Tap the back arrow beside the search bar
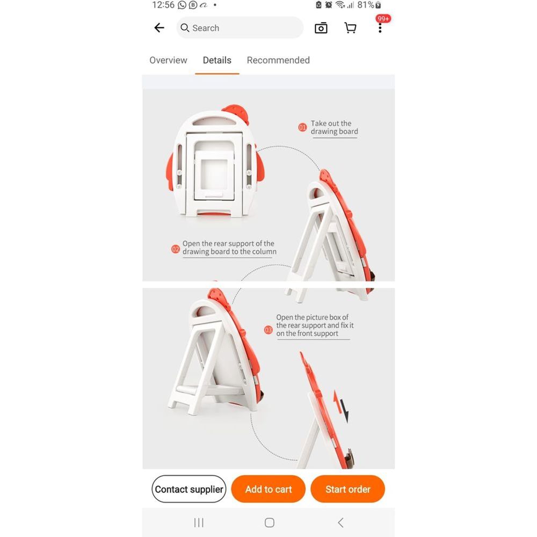pyautogui.click(x=159, y=28)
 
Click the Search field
pyautogui.click(x=240, y=28)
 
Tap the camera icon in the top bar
pyautogui.click(x=321, y=28)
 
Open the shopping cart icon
pyautogui.click(x=350, y=28)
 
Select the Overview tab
pyautogui.click(x=168, y=60)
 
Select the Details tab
pyautogui.click(x=217, y=60)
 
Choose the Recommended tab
pyautogui.click(x=278, y=60)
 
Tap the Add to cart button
pyautogui.click(x=268, y=489)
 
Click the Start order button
pyautogui.click(x=347, y=489)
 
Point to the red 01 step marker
pyautogui.click(x=302, y=128)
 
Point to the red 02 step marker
pyautogui.click(x=176, y=249)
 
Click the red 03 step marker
pyautogui.click(x=268, y=330)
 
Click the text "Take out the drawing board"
pyautogui.click(x=334, y=127)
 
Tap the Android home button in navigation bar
pyautogui.click(x=270, y=523)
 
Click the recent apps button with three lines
pyautogui.click(x=199, y=523)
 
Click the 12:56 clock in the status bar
pyautogui.click(x=163, y=5)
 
